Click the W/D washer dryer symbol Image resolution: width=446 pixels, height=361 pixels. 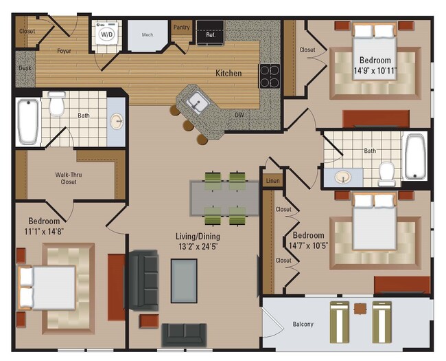coord(106,33)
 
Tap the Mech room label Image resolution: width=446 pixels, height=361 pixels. coord(147,34)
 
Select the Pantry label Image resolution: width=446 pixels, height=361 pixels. coord(181,28)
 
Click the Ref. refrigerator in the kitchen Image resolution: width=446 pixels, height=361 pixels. coord(210,33)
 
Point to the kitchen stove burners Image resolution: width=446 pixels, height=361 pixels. coord(269,76)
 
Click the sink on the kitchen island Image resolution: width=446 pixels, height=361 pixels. coord(196,103)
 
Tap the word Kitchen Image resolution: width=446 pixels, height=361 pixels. coord(228,73)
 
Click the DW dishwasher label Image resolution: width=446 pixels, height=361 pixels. coord(239,115)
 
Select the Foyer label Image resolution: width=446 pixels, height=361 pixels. coord(64,50)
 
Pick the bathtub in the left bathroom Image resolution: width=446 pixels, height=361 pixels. coord(27,121)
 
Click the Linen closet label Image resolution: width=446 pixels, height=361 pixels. coord(272,180)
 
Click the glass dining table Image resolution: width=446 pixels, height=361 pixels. coord(225,199)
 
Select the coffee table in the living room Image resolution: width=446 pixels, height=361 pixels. coord(184,281)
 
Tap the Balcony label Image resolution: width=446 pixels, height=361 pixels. coord(303,324)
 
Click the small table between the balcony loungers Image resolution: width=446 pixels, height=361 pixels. coord(360,309)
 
